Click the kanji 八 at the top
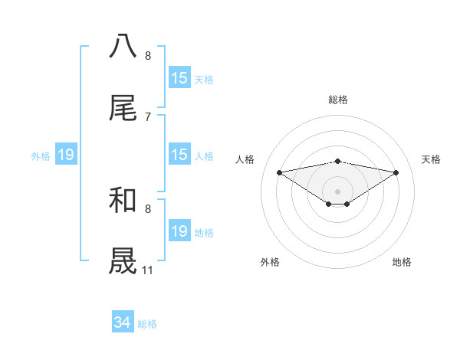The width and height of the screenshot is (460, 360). (123, 47)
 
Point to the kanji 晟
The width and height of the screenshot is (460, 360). (123, 261)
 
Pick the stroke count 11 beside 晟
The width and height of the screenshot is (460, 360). (148, 270)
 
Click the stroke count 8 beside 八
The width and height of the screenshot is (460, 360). (148, 55)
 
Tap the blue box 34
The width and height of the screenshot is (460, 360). (123, 323)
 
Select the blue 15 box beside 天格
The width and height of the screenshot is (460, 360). (179, 78)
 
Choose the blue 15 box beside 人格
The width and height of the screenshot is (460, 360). (179, 155)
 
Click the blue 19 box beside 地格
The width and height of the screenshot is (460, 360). (179, 231)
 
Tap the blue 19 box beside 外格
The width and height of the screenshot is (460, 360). (66, 155)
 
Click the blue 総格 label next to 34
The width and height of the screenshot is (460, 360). (147, 324)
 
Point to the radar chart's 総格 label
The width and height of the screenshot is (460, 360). (338, 100)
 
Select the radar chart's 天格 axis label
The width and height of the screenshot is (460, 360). (432, 159)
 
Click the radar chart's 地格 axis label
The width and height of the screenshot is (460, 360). (402, 262)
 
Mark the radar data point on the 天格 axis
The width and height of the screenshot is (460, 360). (396, 172)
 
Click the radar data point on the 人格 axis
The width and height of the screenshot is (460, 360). (279, 172)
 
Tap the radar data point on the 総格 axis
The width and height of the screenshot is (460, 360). (338, 161)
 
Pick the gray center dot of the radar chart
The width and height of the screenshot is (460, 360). (338, 191)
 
